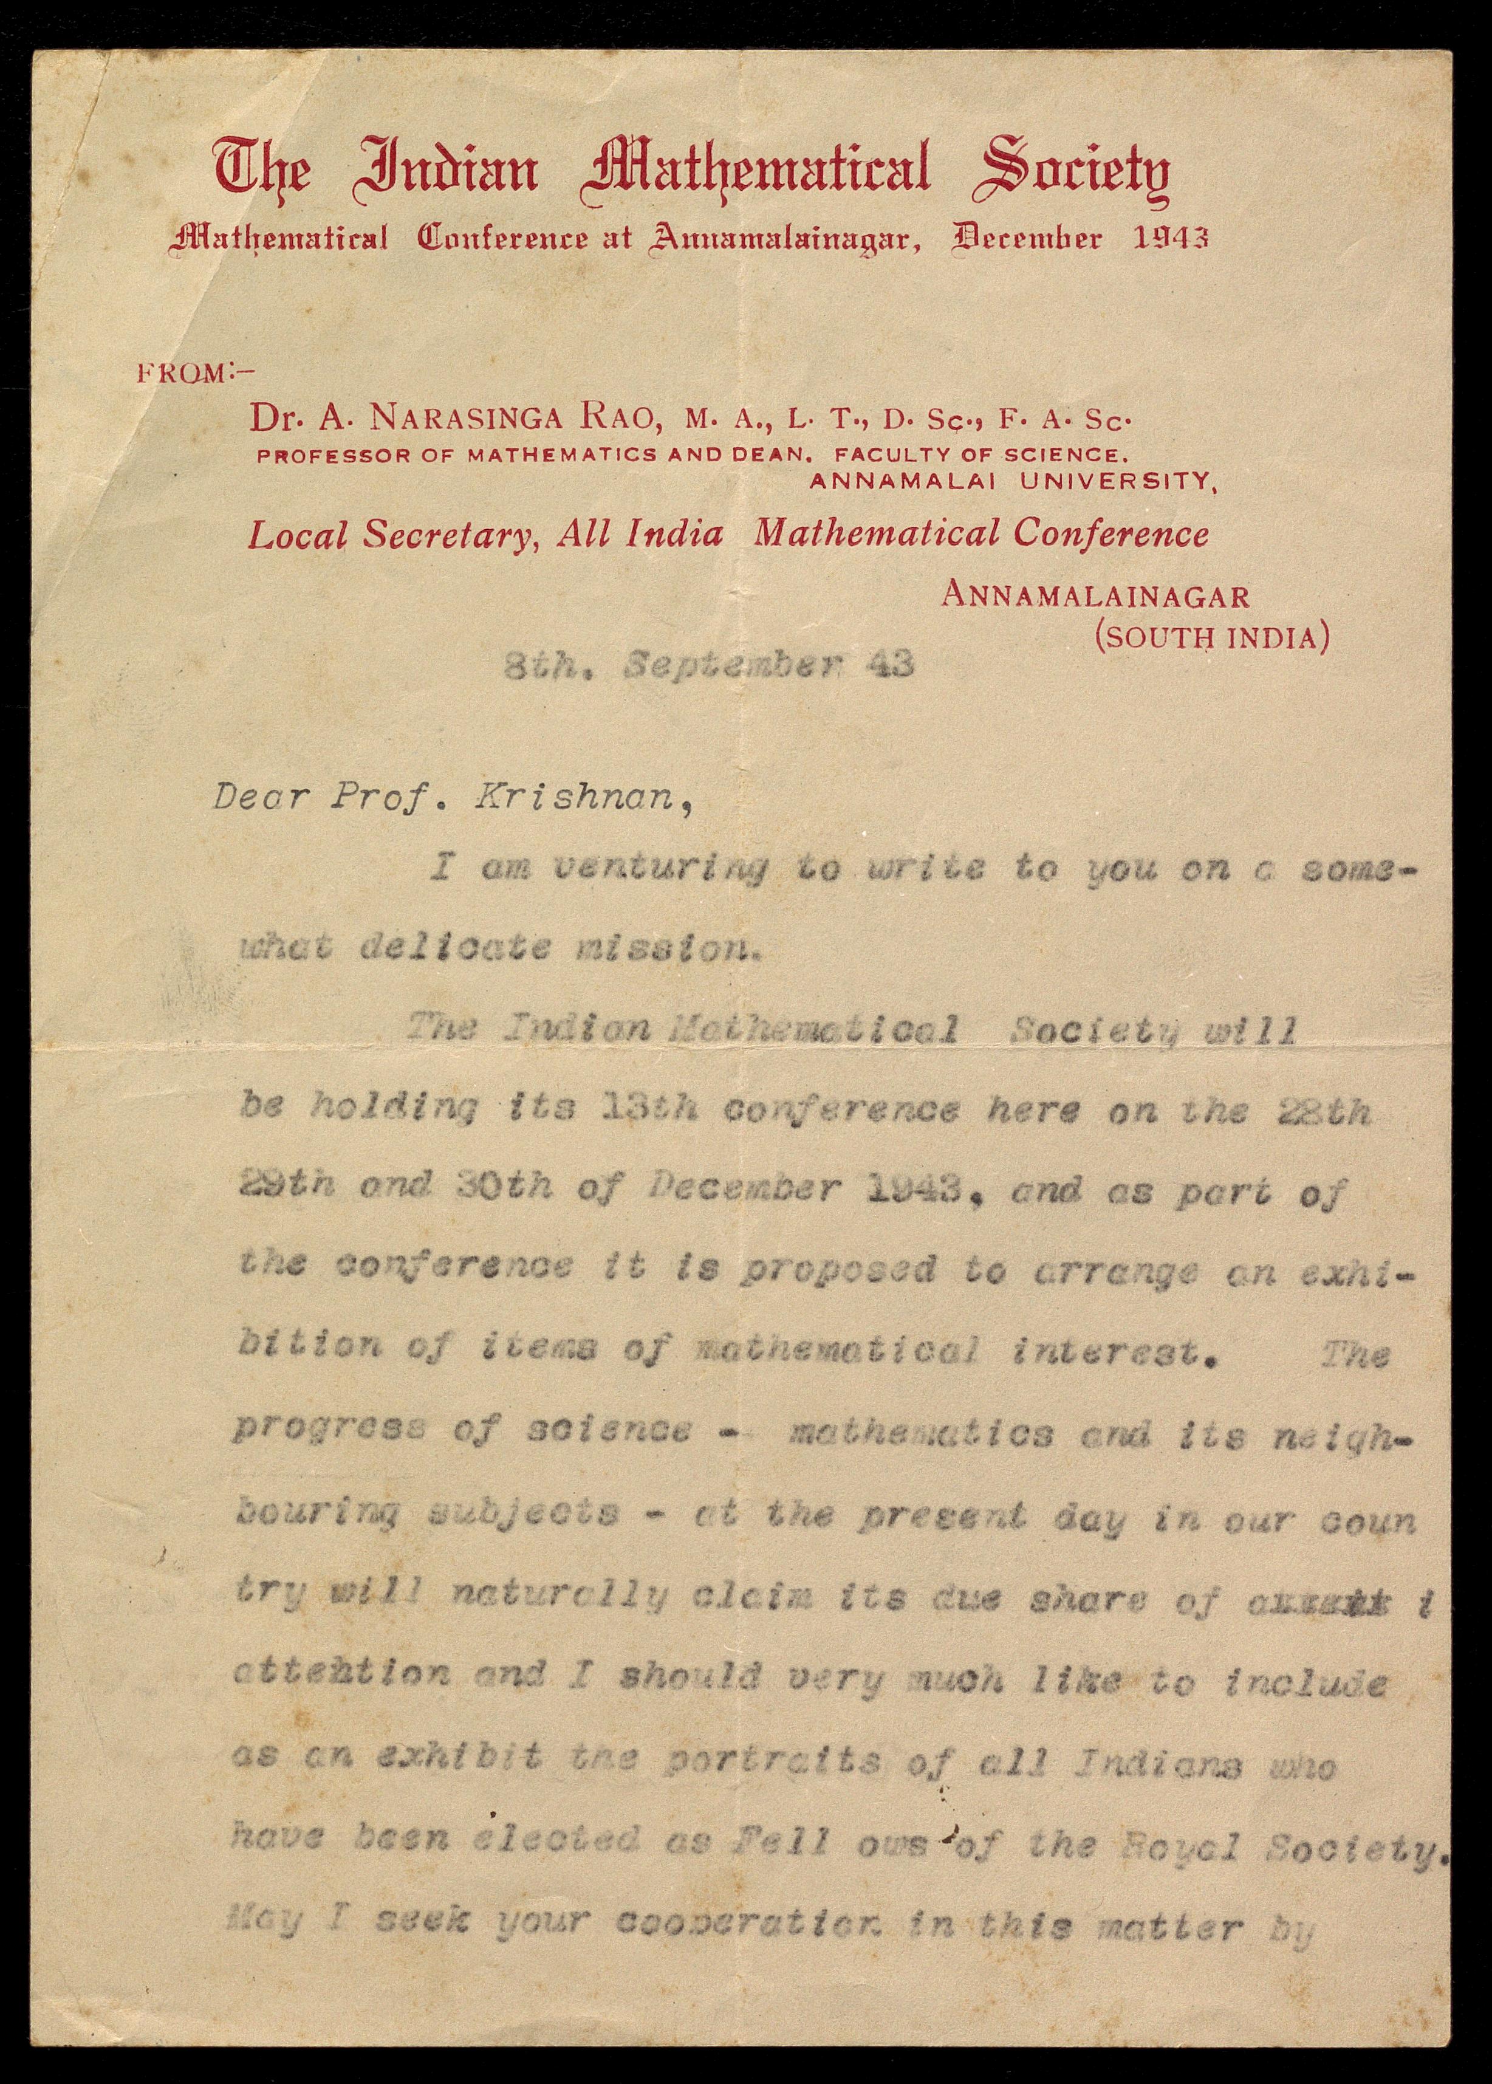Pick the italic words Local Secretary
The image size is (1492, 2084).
click(x=393, y=535)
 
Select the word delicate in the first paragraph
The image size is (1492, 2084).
click(x=456, y=947)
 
